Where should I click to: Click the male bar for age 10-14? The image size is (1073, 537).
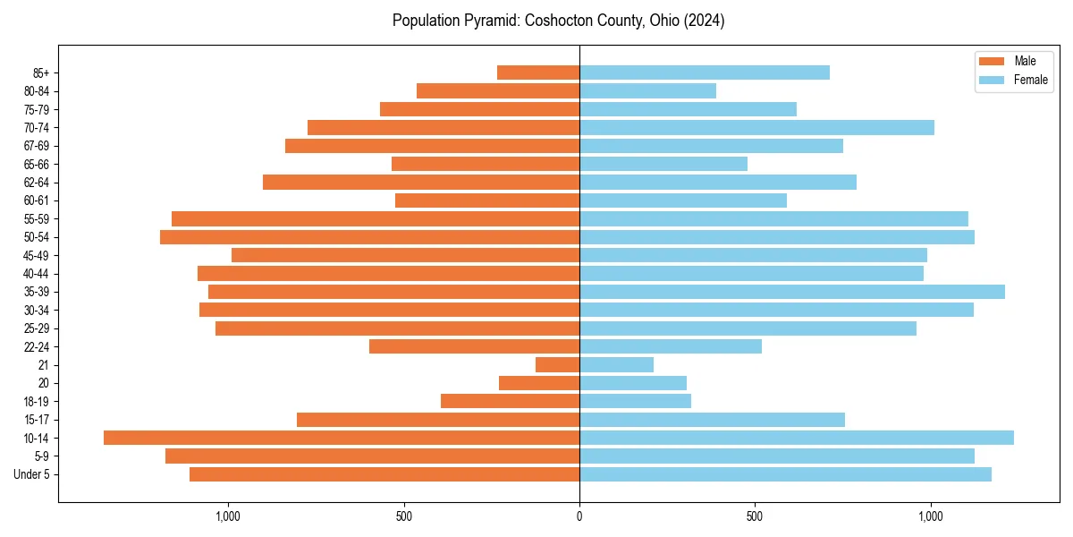342,438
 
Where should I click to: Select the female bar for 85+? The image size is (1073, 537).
705,72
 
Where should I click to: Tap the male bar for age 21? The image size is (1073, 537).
557,364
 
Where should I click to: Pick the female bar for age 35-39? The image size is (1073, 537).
792,292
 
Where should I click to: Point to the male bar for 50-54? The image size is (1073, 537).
369,237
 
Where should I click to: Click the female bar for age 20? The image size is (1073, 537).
633,383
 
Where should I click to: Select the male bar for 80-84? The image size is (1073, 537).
498,90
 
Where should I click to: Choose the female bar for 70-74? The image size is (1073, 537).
756,127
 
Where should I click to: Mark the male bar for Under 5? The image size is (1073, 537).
384,474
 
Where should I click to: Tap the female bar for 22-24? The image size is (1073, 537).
671,346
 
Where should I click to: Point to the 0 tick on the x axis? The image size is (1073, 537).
579,516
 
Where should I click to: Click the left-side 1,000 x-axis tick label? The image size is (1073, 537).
228,516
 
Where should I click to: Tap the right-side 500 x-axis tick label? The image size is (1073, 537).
755,516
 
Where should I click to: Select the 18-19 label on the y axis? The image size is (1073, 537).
35,401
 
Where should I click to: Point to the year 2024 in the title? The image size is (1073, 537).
705,21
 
